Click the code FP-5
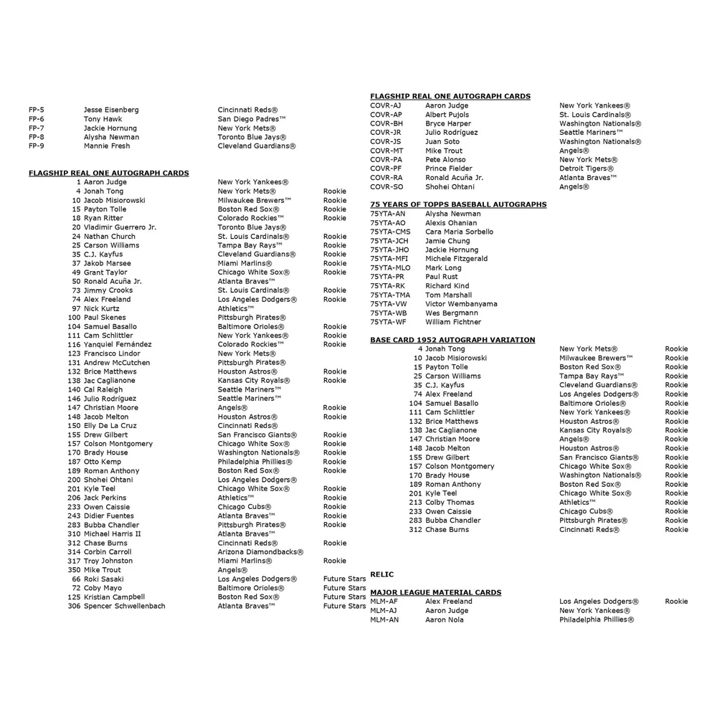[x=37, y=110]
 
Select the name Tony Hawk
[x=103, y=119]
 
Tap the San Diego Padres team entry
[x=252, y=119]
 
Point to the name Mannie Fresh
[x=107, y=146]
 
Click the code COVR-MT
[x=386, y=151]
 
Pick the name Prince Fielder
[x=450, y=168]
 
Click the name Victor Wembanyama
[x=461, y=304]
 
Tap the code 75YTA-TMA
[x=390, y=295]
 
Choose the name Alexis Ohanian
[x=451, y=223]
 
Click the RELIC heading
[x=381, y=574]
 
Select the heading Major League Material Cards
[x=435, y=592]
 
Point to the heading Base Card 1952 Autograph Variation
[x=452, y=340]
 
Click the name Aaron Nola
[x=445, y=619]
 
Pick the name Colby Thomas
[x=450, y=503]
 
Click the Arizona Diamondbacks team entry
[x=260, y=552]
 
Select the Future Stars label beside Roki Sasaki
[x=344, y=579]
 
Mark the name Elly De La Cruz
[x=110, y=426]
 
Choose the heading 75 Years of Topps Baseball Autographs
[x=458, y=204]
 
